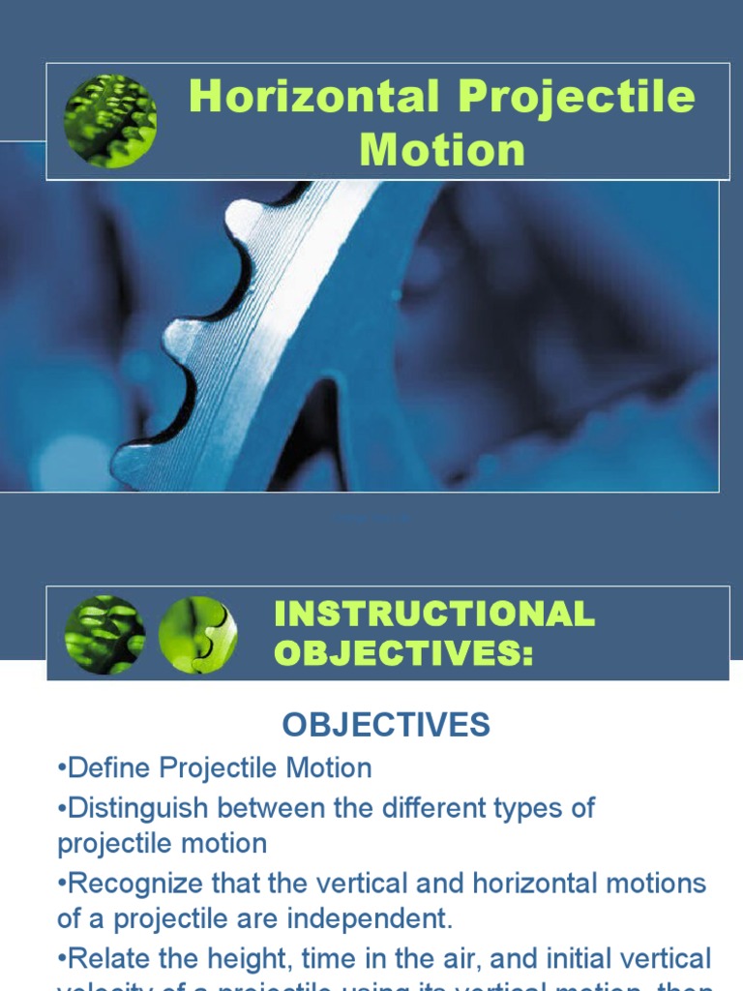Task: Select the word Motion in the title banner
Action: point(442,150)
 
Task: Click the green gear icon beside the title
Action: point(110,121)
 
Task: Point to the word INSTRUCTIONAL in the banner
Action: point(434,614)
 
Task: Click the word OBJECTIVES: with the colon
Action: point(403,653)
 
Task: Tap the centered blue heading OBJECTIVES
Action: point(386,724)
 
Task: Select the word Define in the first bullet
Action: point(107,768)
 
